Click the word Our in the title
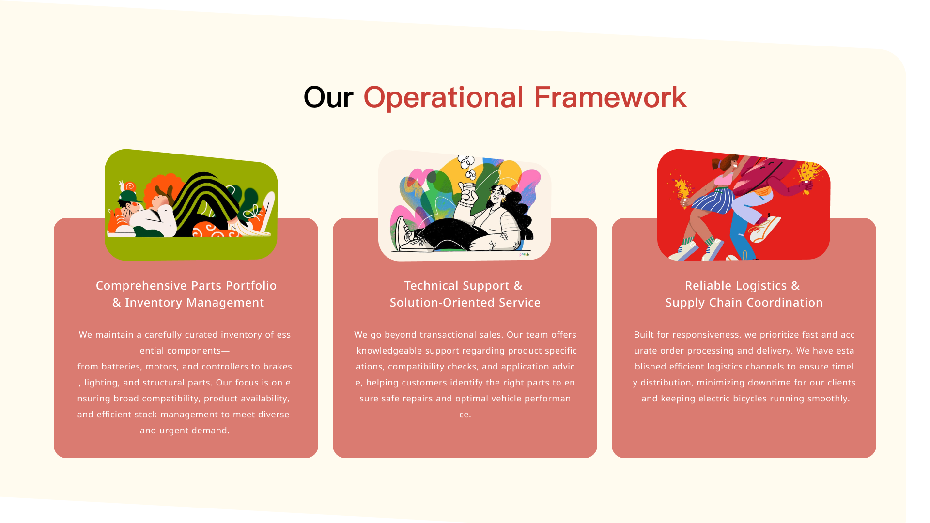tap(328, 97)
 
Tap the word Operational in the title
tap(443, 97)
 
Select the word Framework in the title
tap(610, 97)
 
